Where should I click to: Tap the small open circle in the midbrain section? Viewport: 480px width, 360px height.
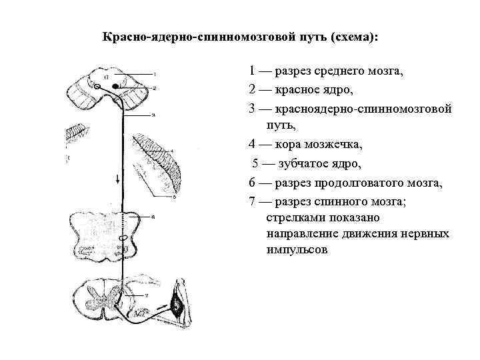97,87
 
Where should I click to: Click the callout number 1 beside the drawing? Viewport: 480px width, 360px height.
154,74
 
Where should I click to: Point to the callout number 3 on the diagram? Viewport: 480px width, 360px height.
153,115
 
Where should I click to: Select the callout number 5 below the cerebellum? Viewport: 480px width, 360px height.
174,197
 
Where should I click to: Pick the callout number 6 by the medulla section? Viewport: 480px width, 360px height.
153,217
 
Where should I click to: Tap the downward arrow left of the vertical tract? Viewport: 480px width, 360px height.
118,179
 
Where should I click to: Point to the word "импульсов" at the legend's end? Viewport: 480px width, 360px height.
297,252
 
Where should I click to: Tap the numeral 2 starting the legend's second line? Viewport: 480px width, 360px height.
251,89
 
